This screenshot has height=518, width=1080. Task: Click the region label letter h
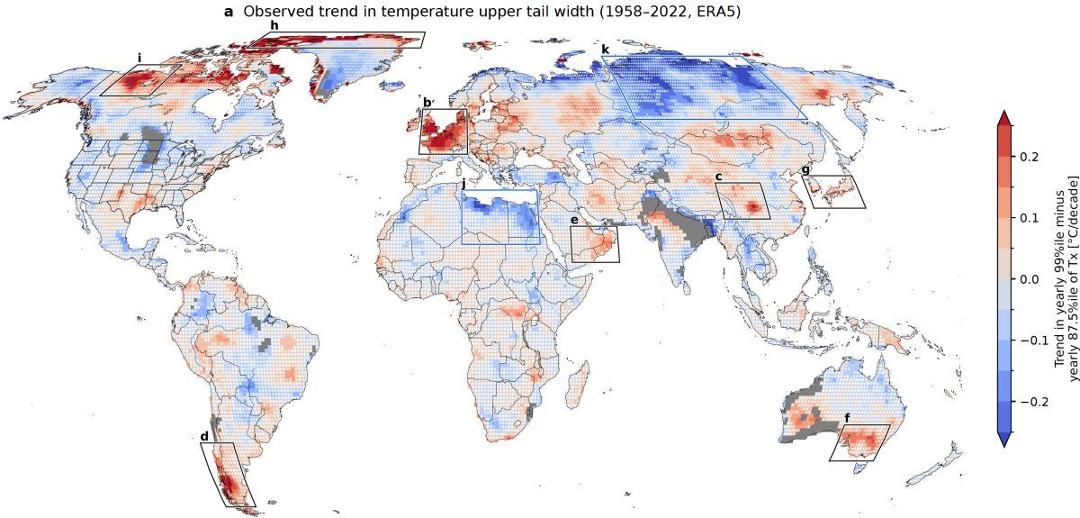pos(274,25)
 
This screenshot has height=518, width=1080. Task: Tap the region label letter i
pos(139,58)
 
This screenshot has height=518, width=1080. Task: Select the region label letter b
pos(427,103)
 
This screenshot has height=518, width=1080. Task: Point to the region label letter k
pos(605,49)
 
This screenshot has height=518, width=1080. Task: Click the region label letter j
pos(463,184)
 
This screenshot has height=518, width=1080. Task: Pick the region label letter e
pos(573,220)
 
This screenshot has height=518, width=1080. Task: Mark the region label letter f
pos(847,418)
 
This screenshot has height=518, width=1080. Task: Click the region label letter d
pos(204,436)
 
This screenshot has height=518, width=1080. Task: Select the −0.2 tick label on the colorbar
pos(1024,402)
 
